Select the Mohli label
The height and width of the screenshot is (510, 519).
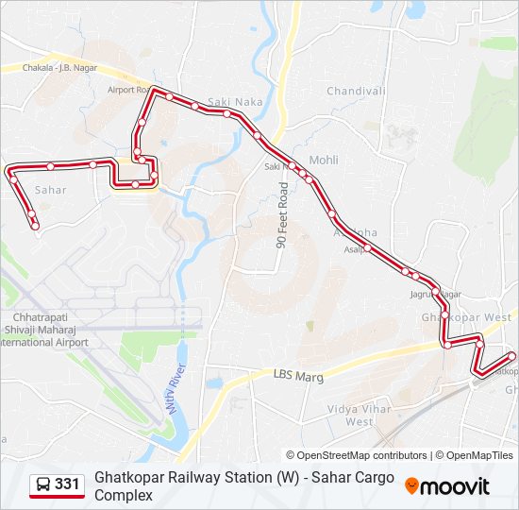[x=324, y=161]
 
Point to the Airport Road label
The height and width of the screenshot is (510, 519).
[x=128, y=90]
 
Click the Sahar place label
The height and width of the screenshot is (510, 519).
[x=50, y=190]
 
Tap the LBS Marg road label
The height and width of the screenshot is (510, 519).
[x=299, y=376]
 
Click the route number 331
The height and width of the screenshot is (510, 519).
[x=67, y=484]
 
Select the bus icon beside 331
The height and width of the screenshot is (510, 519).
[x=43, y=484]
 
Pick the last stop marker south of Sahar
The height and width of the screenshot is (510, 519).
[x=35, y=226]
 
